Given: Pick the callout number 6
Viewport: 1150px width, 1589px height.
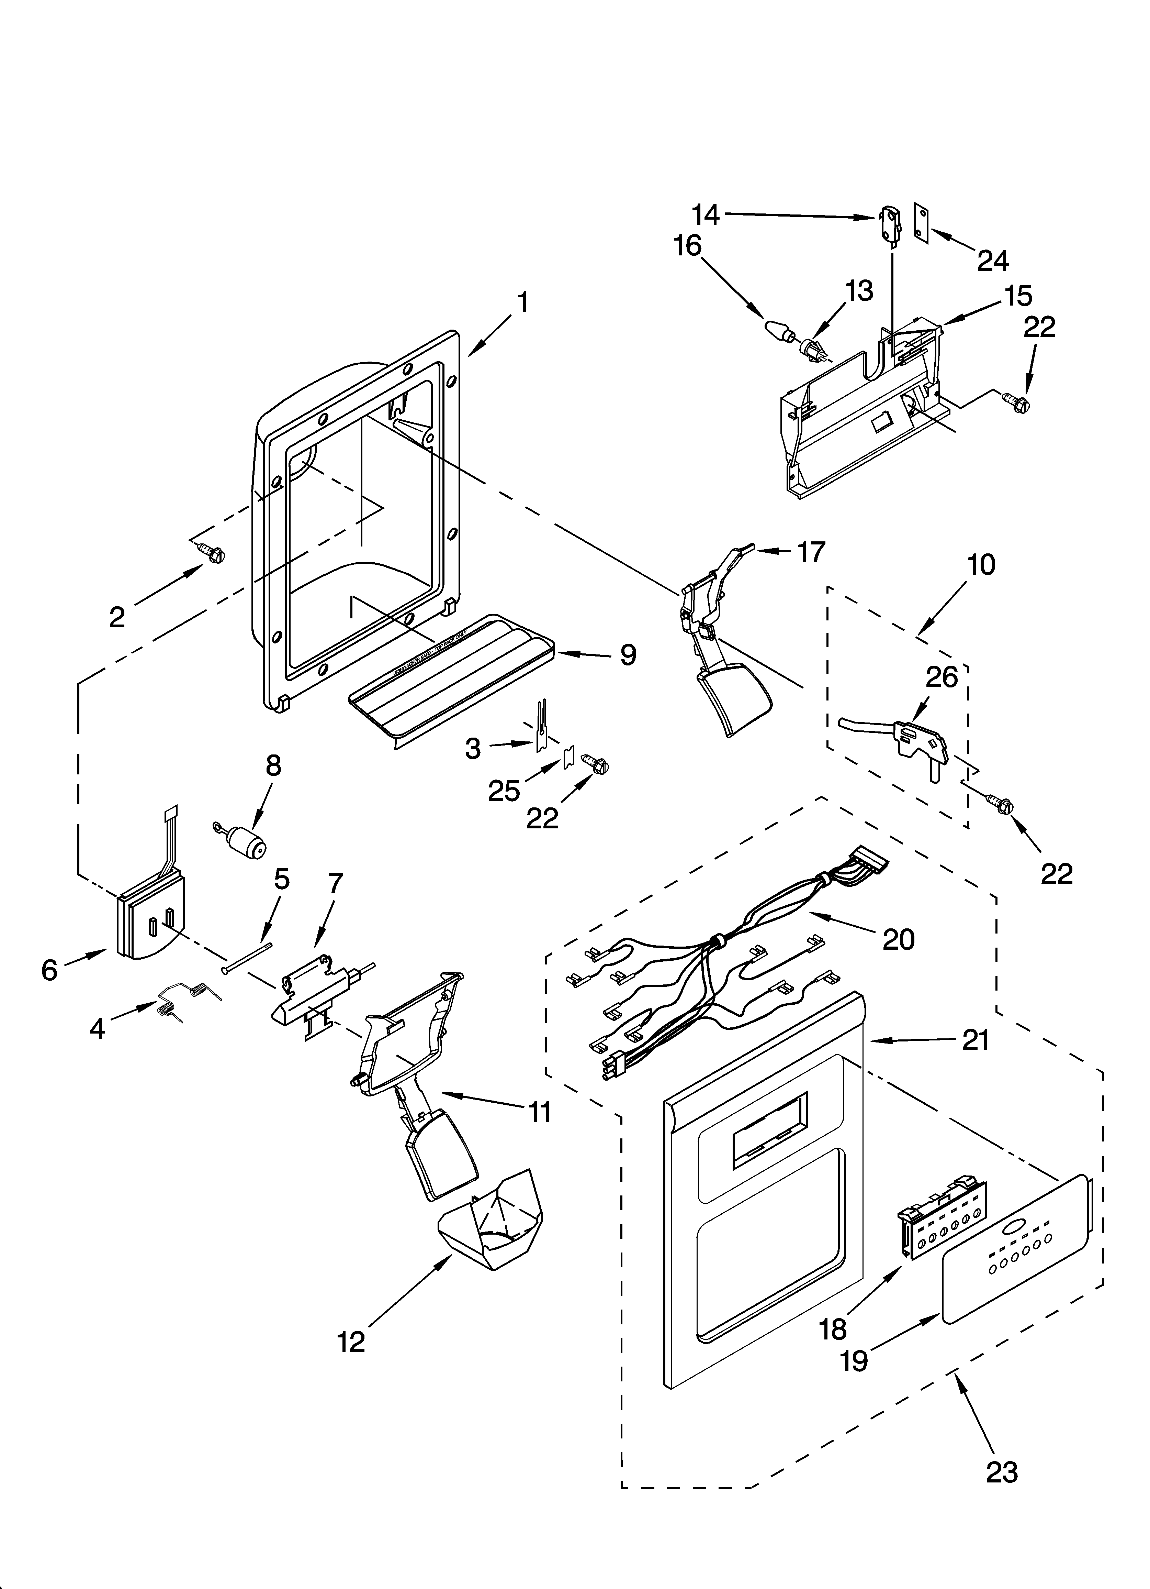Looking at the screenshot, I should coord(49,970).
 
